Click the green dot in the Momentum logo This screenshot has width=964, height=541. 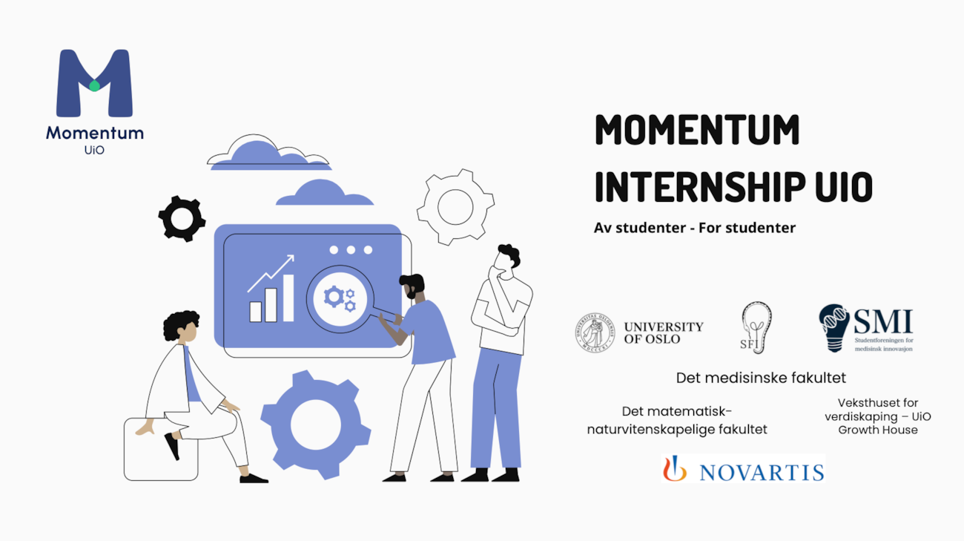tap(94, 85)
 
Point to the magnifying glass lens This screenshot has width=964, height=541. tap(340, 298)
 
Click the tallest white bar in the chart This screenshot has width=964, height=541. tap(288, 298)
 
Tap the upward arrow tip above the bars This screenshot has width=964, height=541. tap(293, 256)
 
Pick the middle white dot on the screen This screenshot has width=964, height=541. tap(351, 250)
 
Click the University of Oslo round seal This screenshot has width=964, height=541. tap(595, 332)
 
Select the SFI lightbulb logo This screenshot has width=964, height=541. tap(756, 327)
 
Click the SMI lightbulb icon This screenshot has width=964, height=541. tap(834, 328)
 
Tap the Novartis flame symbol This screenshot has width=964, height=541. tap(674, 468)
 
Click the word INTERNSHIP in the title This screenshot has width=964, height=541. tap(700, 186)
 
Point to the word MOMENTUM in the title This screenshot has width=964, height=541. tap(697, 129)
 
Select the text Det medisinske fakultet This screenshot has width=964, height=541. tap(761, 378)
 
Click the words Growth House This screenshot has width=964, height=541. tap(878, 430)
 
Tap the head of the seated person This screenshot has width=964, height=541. tap(181, 327)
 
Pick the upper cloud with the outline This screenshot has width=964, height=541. tap(269, 153)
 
